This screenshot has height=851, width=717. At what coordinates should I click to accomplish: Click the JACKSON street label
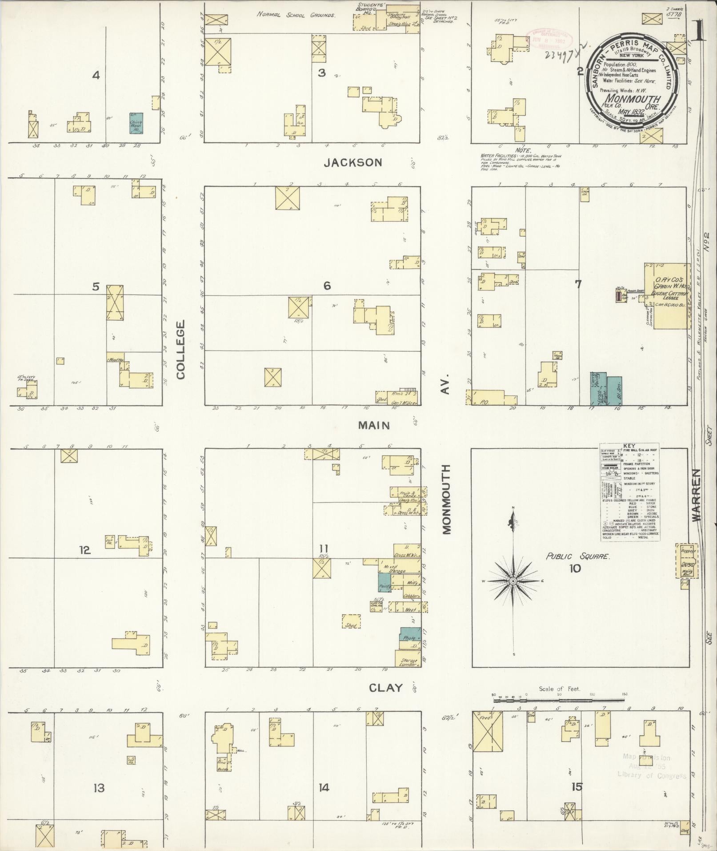[x=352, y=162]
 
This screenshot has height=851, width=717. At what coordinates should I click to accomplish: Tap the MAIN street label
[x=374, y=425]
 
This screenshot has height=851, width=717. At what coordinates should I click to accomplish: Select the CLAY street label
[x=386, y=688]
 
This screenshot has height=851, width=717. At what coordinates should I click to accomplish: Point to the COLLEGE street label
[x=180, y=350]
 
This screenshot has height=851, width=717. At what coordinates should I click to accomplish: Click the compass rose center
[x=513, y=581]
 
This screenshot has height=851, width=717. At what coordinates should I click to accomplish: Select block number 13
[x=99, y=788]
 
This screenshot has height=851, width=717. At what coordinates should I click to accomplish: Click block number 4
[x=96, y=75]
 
